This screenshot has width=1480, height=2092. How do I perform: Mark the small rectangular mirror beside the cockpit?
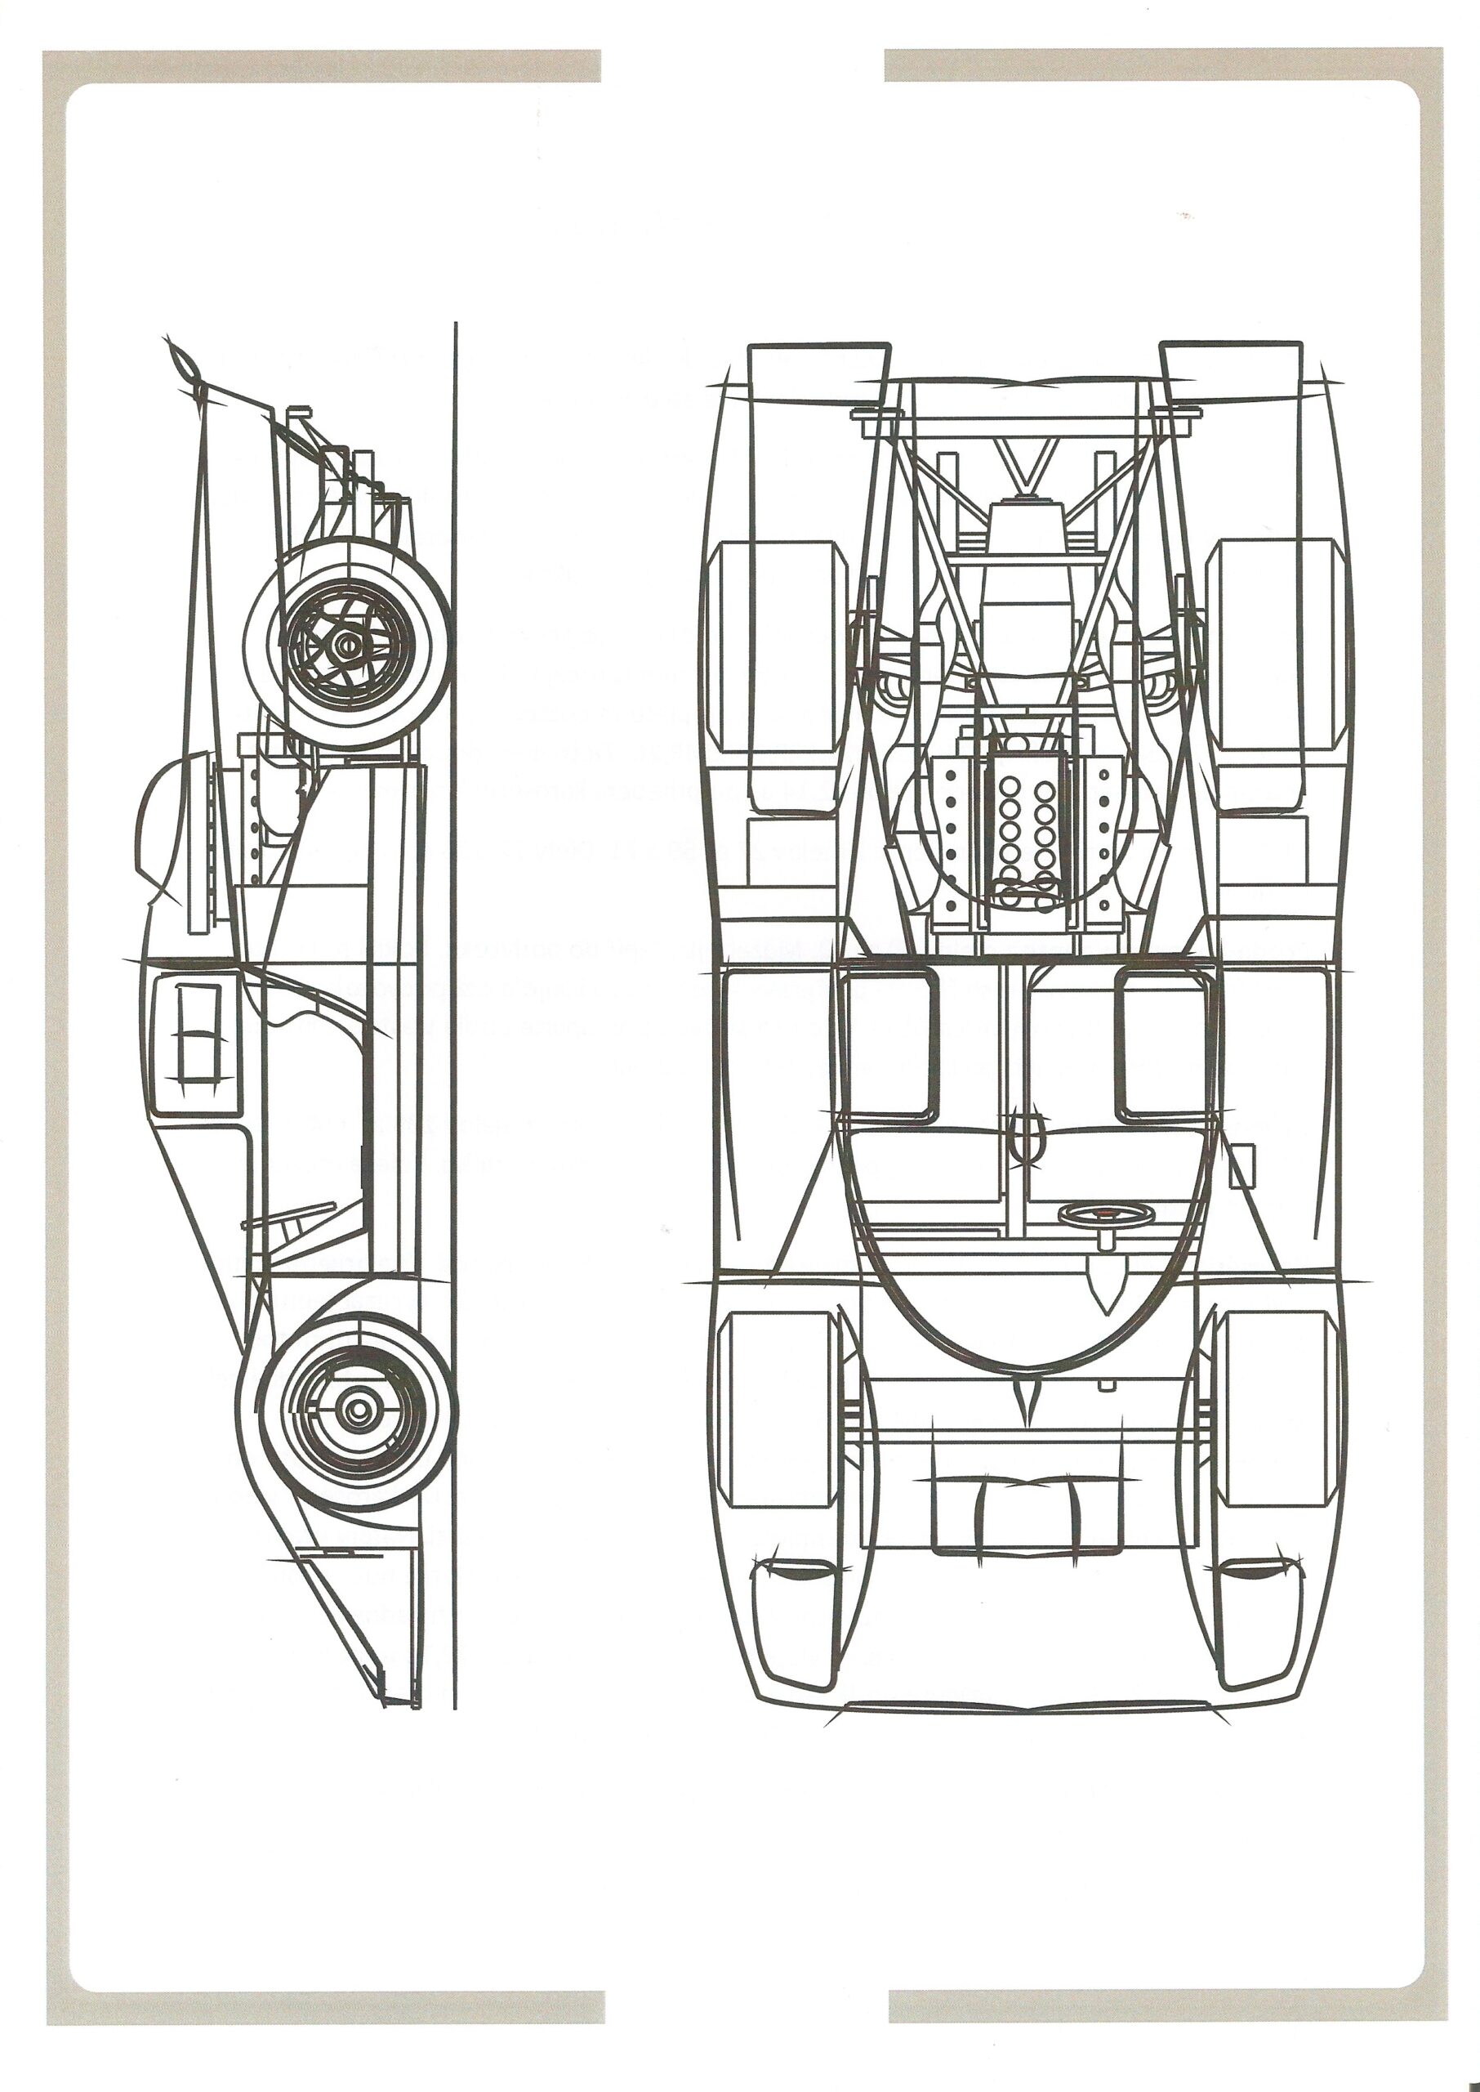pos(1242,1166)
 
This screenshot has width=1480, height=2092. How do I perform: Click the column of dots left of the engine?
pos(950,825)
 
